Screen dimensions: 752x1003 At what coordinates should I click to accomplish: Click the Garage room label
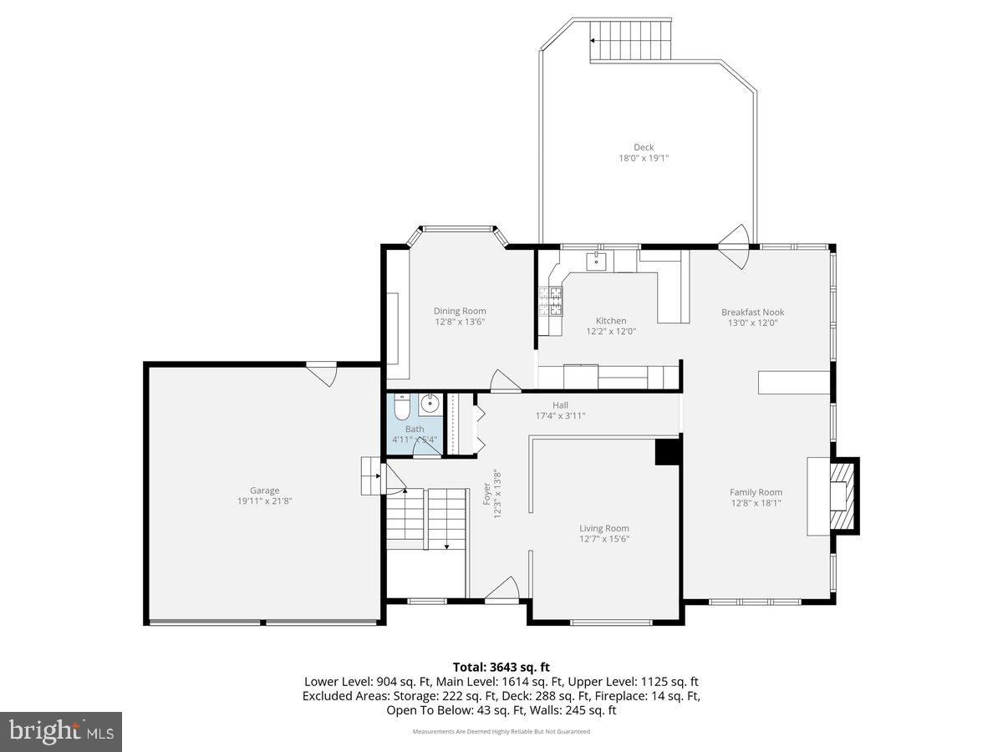pyautogui.click(x=264, y=491)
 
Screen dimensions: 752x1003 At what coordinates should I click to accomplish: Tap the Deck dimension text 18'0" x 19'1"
pyautogui.click(x=643, y=158)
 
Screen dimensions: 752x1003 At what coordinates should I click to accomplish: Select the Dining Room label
pyautogui.click(x=459, y=312)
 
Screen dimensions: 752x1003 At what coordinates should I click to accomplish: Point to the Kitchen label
pyautogui.click(x=611, y=321)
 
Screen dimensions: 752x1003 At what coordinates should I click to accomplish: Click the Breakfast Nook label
pyautogui.click(x=752, y=312)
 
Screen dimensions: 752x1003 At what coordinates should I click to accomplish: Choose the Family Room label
pyautogui.click(x=756, y=493)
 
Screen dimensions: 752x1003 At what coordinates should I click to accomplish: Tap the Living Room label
pyautogui.click(x=604, y=528)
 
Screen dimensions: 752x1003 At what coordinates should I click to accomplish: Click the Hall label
pyautogui.click(x=560, y=405)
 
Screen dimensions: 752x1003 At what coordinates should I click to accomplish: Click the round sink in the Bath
pyautogui.click(x=430, y=404)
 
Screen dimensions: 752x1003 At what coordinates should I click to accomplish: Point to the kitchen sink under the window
pyautogui.click(x=596, y=261)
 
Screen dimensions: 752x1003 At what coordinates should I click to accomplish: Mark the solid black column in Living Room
pyautogui.click(x=667, y=451)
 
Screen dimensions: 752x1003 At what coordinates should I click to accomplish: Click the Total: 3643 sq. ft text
pyautogui.click(x=501, y=667)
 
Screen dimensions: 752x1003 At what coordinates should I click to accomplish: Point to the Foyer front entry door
pyautogui.click(x=502, y=592)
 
